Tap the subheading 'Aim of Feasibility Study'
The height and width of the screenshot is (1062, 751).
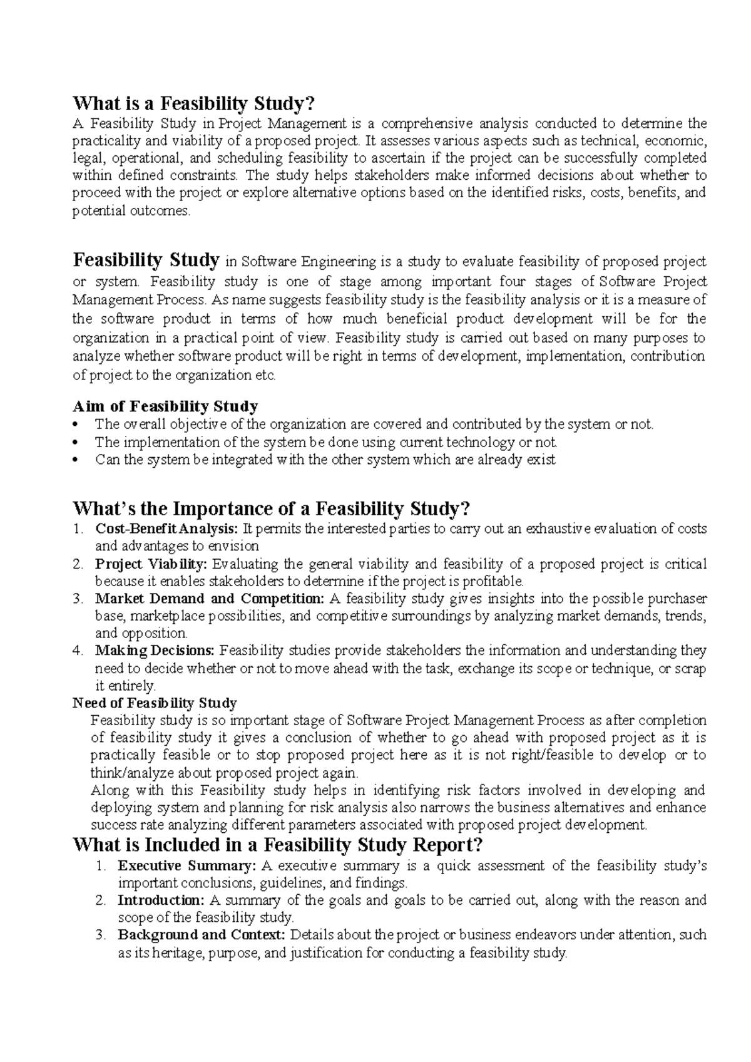pyautogui.click(x=165, y=406)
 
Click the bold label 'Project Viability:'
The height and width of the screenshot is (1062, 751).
pyautogui.click(x=150, y=564)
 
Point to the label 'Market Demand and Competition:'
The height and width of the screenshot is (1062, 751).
pyautogui.click(x=210, y=599)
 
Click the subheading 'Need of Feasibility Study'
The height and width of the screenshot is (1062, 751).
pyautogui.click(x=155, y=703)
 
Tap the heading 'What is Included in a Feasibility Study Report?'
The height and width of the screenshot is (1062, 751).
pyautogui.click(x=278, y=845)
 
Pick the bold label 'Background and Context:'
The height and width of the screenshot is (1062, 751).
pyautogui.click(x=202, y=936)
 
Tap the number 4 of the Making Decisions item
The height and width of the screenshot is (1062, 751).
pyautogui.click(x=78, y=651)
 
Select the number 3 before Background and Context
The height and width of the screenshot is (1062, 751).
pyautogui.click(x=100, y=936)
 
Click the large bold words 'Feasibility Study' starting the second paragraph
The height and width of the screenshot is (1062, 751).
pyautogui.click(x=146, y=259)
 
